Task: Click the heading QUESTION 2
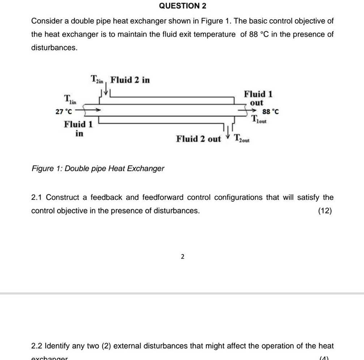point(183,6)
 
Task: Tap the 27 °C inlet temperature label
point(63,111)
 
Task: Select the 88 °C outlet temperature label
point(270,112)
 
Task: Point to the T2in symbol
point(97,80)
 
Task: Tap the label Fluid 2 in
point(130,80)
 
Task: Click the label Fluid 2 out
point(198,139)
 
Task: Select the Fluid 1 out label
point(258,98)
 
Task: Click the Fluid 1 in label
point(78,129)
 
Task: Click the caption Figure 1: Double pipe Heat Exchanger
point(98,168)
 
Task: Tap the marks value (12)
point(325,211)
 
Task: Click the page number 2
point(182,257)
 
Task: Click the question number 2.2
point(37,346)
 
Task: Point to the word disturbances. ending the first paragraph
point(54,48)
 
